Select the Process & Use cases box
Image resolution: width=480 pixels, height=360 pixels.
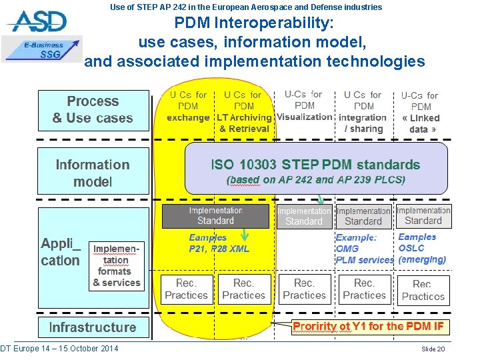click(x=93, y=110)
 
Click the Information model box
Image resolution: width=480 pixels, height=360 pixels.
click(x=93, y=173)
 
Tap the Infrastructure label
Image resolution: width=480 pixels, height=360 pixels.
click(x=93, y=327)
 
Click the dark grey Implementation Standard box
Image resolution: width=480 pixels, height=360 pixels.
click(x=215, y=215)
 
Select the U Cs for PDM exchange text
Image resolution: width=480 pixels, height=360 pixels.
click(x=188, y=107)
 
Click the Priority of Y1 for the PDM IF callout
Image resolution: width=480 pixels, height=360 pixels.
click(x=368, y=327)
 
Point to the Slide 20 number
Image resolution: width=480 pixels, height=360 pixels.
click(x=433, y=349)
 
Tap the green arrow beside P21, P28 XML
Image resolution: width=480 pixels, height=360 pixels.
click(x=245, y=234)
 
